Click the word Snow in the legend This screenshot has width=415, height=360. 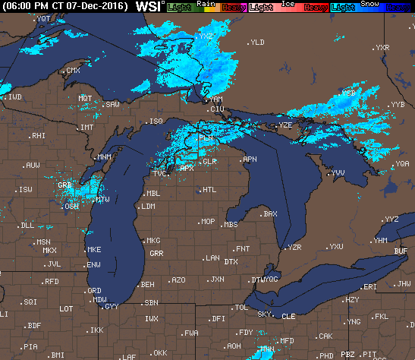click(x=372, y=3)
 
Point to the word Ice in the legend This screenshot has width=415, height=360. click(x=288, y=3)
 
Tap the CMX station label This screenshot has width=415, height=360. click(x=73, y=71)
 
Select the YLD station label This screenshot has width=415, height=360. click(x=257, y=43)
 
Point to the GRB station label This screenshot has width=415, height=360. click(x=65, y=185)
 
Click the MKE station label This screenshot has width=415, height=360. click(x=94, y=250)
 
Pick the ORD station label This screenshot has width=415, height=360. click(x=94, y=291)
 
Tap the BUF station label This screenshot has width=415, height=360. click(x=401, y=251)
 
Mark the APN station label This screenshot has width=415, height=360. click(x=250, y=160)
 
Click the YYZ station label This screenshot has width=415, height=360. click(x=391, y=219)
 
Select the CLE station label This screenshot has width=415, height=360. click(x=288, y=316)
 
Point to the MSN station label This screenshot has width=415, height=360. click(x=44, y=242)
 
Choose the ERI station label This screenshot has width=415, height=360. click(x=370, y=287)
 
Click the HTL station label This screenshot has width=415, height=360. click(x=209, y=190)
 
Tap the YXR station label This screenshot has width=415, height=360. click(x=382, y=48)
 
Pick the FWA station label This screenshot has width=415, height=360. click(x=191, y=333)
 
